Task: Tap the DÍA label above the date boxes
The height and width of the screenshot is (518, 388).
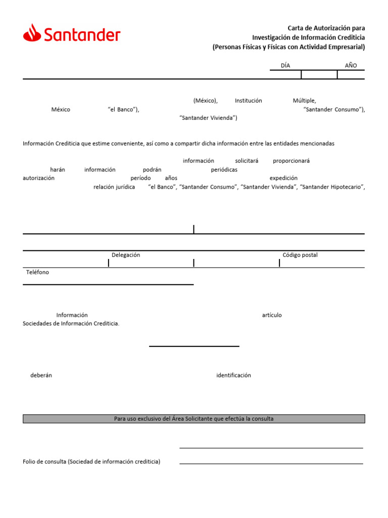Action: point(285,65)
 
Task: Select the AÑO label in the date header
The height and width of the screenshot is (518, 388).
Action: point(351,65)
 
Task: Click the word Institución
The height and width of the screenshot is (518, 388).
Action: point(249,101)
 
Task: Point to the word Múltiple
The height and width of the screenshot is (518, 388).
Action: point(304,101)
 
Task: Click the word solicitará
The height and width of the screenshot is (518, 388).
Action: point(247,161)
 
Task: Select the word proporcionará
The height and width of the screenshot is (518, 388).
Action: point(292,161)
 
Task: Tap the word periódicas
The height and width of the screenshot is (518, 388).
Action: point(224,170)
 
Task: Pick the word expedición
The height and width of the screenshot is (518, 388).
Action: point(283,178)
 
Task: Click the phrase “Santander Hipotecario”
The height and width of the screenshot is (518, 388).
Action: point(332,187)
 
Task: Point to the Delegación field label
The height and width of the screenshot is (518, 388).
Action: point(126,255)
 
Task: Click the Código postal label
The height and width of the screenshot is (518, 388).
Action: point(300,255)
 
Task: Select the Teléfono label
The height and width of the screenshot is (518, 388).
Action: point(38,272)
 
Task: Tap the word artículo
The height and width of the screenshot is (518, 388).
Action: point(272,315)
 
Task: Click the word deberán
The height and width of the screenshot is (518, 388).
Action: point(41,375)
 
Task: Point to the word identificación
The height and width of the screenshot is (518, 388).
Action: point(233,375)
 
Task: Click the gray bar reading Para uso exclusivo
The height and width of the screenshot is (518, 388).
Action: point(193,419)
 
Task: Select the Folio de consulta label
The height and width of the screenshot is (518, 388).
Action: point(91,462)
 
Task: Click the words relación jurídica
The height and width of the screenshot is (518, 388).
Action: point(114,187)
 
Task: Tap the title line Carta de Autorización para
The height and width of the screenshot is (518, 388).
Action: point(326,28)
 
